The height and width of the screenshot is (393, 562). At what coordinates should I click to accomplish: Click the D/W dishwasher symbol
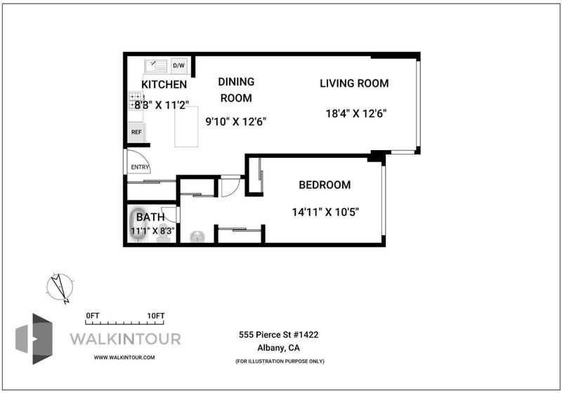179,65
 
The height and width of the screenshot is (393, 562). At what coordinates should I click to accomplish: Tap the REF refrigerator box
136,132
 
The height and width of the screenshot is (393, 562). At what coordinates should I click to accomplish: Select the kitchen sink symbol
156,66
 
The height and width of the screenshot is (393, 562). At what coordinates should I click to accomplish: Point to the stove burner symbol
136,101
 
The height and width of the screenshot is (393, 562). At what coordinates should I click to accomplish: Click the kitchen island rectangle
186,126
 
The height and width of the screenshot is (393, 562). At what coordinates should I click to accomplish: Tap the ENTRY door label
140,167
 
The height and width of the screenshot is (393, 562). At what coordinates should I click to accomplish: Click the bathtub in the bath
138,225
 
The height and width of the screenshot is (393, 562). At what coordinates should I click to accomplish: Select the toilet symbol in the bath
164,234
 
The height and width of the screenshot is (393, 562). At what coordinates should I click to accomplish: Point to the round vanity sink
197,237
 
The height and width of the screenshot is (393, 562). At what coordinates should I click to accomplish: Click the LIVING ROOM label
354,84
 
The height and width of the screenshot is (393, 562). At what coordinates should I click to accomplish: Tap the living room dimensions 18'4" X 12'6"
356,114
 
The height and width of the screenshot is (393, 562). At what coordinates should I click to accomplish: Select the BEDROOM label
325,185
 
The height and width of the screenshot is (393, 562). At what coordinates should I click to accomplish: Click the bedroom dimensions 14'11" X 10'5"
325,212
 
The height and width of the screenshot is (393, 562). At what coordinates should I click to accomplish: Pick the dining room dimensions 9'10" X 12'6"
236,121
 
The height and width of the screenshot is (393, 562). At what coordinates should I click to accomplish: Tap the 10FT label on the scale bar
156,316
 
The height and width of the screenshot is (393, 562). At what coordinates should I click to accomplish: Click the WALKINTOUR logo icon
34,339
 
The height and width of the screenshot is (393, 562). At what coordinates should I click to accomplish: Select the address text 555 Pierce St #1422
278,335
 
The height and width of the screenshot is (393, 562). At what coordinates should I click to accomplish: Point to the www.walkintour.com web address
124,357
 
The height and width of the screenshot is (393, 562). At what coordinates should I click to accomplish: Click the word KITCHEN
164,84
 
